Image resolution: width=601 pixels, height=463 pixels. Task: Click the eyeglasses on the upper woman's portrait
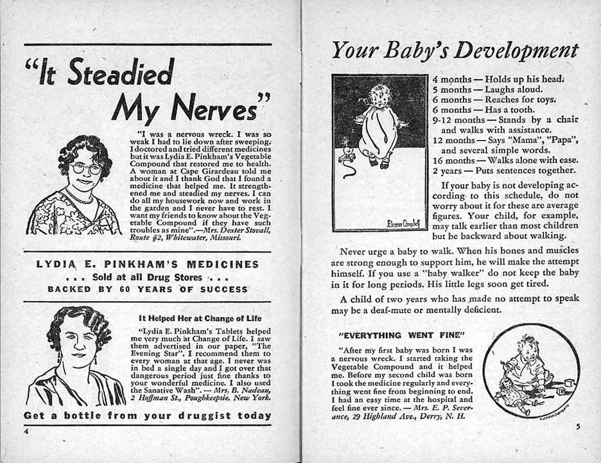pos(86,168)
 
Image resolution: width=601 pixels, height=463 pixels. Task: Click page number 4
pos(26,431)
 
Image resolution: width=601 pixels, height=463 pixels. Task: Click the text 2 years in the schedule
pos(447,171)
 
